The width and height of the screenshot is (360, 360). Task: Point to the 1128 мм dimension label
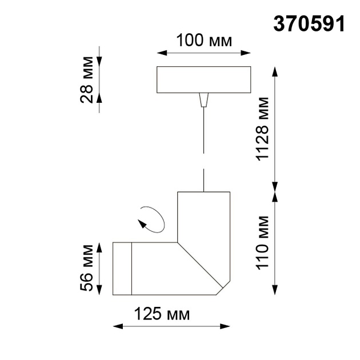pos(262,129)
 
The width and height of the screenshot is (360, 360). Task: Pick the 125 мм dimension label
pos(162,314)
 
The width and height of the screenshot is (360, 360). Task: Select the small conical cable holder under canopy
pos(203,101)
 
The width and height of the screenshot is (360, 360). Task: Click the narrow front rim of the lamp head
pos(122,269)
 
